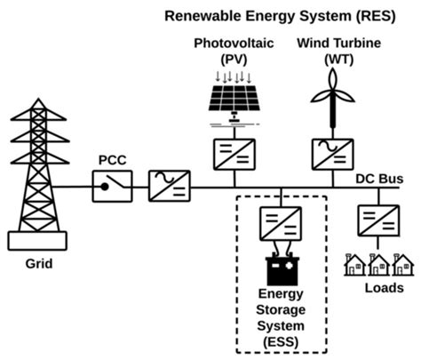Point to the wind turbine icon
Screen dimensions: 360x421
coord(332,98)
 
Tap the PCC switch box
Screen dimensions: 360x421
coord(114,188)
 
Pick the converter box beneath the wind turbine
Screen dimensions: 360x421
coord(333,154)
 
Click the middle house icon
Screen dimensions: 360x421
coord(378,264)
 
